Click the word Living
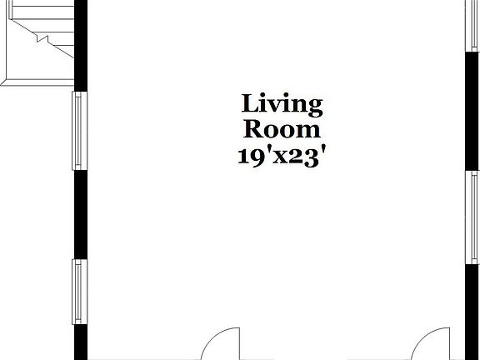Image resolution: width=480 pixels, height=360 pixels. coord(282,105)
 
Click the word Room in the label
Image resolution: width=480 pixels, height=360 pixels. coord(282,130)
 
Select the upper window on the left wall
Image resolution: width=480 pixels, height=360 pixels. coord(80,130)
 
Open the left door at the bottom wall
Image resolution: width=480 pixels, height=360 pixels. coord(222,346)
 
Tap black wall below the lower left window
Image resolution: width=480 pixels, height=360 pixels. coord(80,343)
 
